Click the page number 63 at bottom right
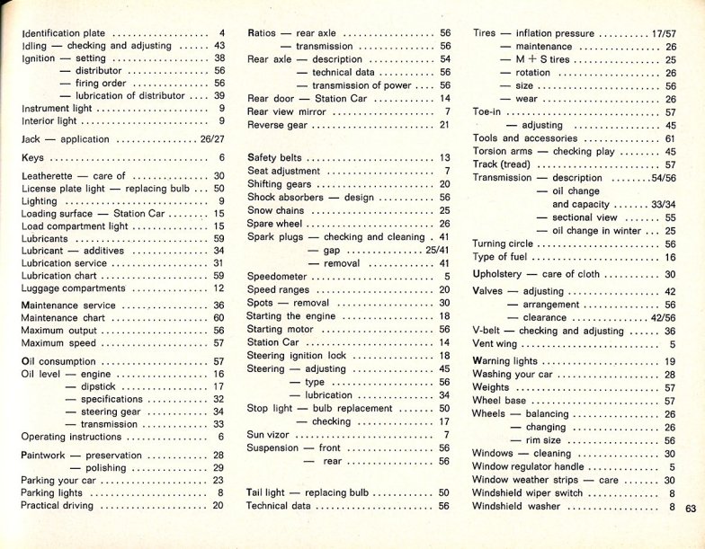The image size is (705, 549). [x=691, y=508]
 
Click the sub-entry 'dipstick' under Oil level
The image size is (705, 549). [x=97, y=386]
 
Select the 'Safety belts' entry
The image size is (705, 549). [x=274, y=158]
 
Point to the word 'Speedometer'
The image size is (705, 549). [x=277, y=278]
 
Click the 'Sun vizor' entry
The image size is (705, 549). [x=269, y=435]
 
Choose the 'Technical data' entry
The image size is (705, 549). [x=279, y=507]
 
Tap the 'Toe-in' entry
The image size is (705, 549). [x=486, y=112]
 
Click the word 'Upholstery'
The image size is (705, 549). [x=497, y=274]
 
